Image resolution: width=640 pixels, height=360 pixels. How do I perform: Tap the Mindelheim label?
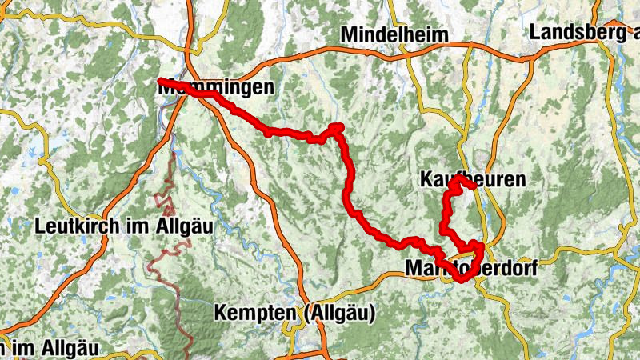tap(394, 35)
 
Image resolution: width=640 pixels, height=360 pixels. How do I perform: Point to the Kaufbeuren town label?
tap(472, 179)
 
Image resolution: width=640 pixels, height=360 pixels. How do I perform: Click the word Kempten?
tap(252, 314)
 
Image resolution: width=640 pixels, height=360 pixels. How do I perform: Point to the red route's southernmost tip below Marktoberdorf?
tap(462, 279)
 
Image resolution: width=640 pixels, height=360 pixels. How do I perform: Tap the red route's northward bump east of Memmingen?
tap(336, 126)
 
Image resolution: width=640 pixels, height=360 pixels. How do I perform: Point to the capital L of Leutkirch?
tap(40, 226)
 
